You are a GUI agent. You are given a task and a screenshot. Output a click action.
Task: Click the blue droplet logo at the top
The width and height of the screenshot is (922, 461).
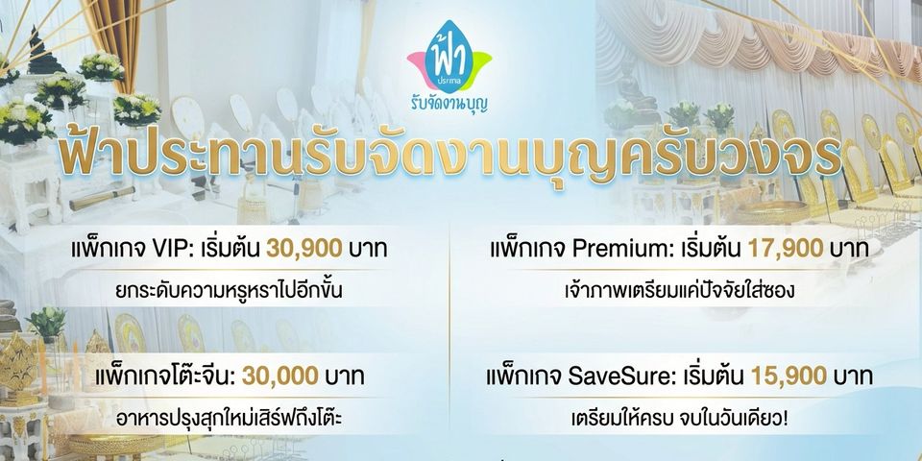tap(449, 57)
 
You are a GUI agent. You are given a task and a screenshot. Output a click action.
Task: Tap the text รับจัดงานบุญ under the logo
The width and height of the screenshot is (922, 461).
tap(449, 104)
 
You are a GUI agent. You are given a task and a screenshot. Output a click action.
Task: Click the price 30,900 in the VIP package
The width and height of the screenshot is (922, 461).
tap(304, 250)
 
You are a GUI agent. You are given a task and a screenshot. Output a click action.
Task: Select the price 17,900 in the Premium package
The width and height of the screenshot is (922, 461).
tap(785, 250)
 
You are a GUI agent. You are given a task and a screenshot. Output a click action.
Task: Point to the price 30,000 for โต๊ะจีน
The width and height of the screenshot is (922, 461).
tap(279, 376)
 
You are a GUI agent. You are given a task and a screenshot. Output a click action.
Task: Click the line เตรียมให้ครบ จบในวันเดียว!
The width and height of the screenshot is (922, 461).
tap(679, 419)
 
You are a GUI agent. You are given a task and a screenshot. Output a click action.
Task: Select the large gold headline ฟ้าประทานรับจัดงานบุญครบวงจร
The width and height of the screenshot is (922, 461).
tap(449, 157)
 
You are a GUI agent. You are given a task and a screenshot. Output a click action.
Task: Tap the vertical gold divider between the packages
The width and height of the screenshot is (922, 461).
tap(449, 335)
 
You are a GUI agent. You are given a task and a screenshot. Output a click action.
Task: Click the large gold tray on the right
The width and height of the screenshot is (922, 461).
tap(771, 210)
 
